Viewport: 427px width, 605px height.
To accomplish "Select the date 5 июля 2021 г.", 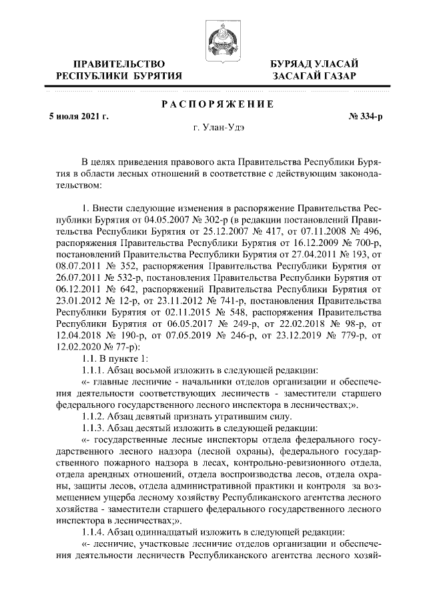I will (x=79, y=116).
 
